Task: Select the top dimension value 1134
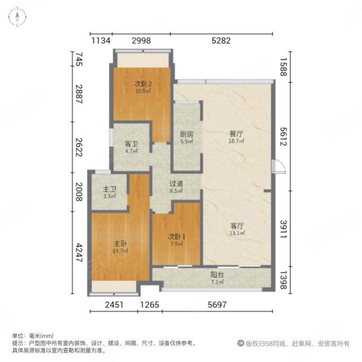point(101,41)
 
